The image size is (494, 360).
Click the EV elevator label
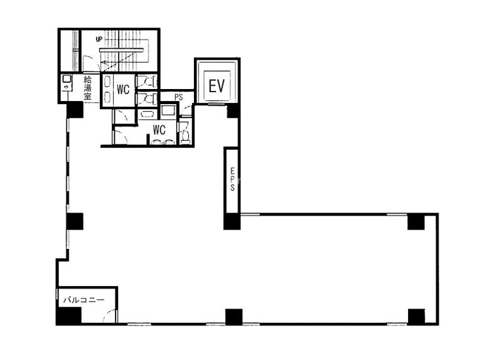tap(217, 86)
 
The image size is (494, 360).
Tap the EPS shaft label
tap(232, 179)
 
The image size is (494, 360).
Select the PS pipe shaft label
tap(179, 98)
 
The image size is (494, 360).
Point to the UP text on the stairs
tap(99, 40)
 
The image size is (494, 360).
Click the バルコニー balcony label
tap(84, 300)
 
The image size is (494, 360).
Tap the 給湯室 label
tap(87, 88)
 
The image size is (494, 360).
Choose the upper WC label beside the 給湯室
tap(123, 90)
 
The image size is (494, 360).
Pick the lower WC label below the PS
tap(159, 130)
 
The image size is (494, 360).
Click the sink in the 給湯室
tap(67, 83)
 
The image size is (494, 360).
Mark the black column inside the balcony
tap(69, 315)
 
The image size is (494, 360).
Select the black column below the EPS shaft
tap(232, 221)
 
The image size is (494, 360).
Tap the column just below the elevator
tap(233, 112)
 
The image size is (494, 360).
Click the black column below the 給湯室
tap(75, 110)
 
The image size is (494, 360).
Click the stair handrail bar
tap(122, 50)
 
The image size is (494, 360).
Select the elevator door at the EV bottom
tap(218, 104)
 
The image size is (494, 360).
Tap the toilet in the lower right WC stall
tap(185, 136)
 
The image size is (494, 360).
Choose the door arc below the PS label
tap(187, 110)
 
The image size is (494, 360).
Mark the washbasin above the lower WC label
tap(146, 114)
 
